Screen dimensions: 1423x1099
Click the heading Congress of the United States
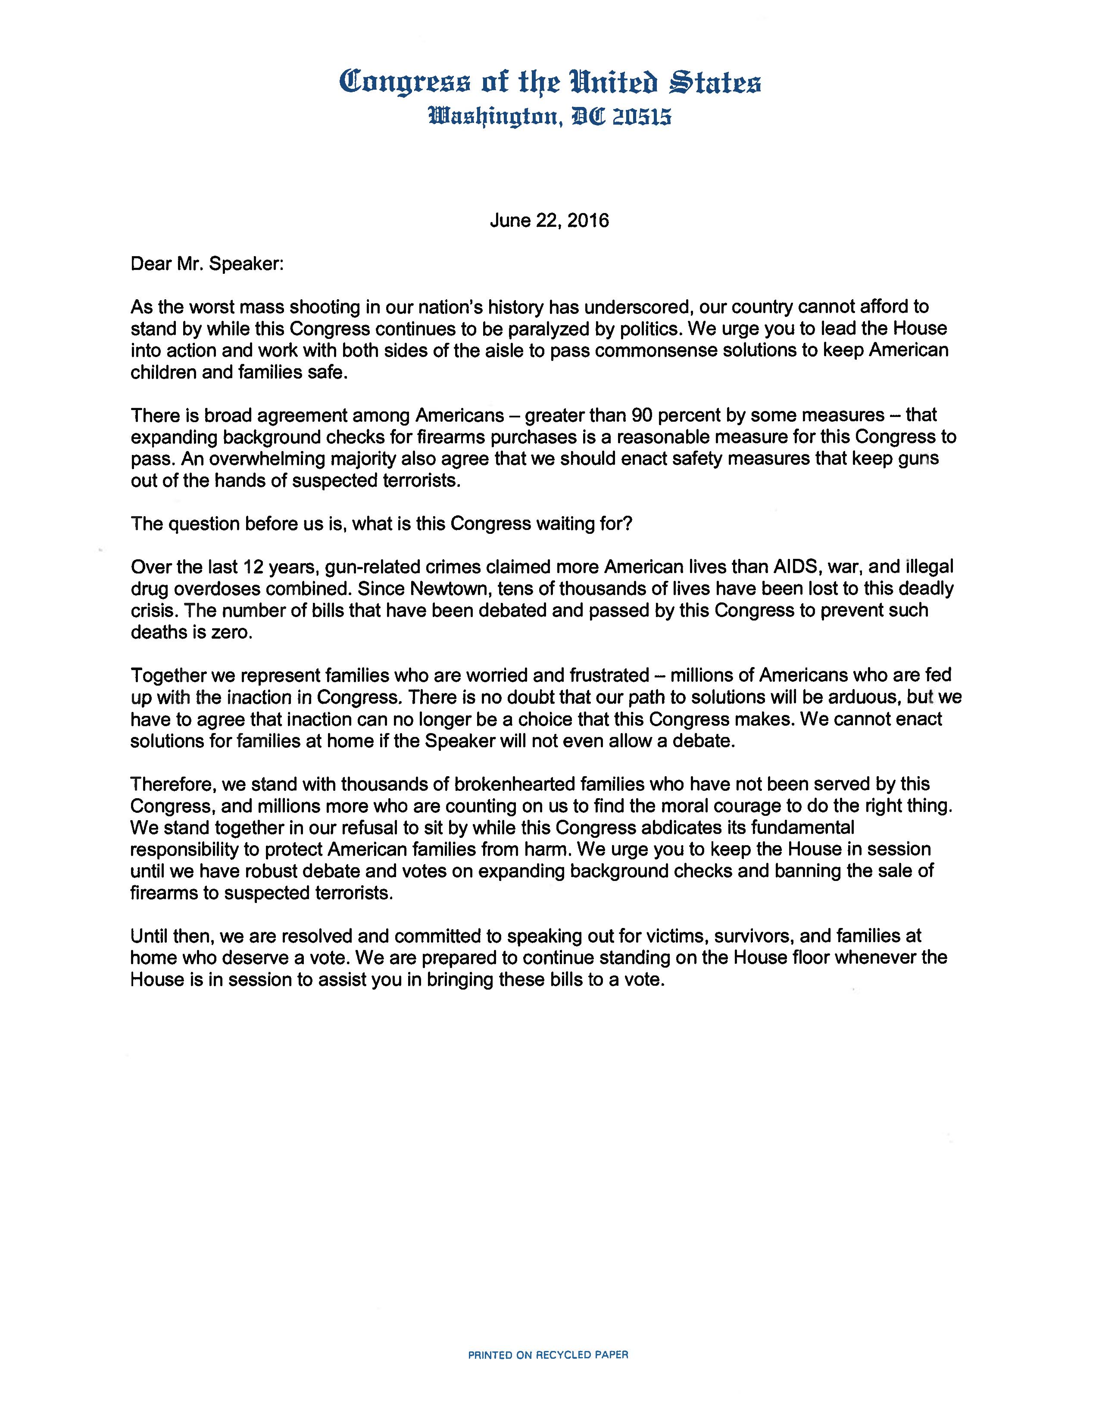[549, 83]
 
